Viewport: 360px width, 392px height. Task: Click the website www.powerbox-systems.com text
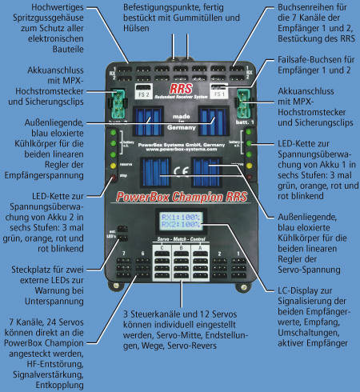pyautogui.click(x=179, y=147)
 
